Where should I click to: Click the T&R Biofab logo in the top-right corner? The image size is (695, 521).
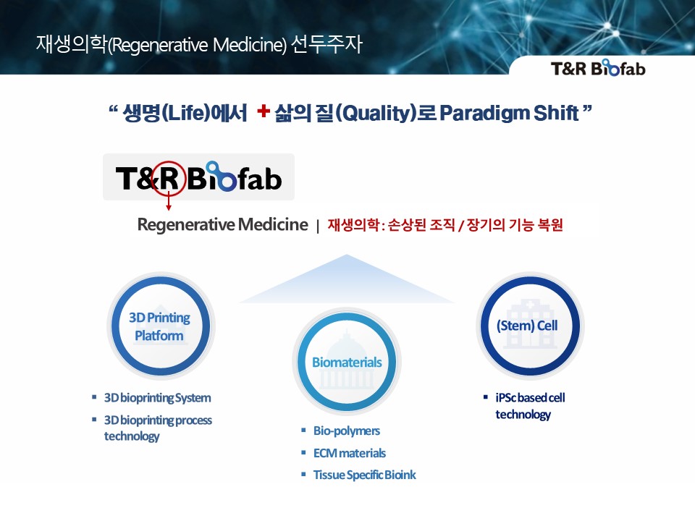[597, 69]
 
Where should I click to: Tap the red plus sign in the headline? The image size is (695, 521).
[264, 111]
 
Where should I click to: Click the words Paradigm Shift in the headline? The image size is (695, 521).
[509, 113]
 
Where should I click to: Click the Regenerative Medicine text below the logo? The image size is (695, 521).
[222, 225]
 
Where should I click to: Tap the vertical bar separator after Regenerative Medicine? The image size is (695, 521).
[317, 226]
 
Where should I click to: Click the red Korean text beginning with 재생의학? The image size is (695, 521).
[445, 225]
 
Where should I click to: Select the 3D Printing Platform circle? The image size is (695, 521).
[160, 326]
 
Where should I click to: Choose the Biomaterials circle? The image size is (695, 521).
[347, 363]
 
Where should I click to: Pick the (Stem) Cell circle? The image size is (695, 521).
[527, 326]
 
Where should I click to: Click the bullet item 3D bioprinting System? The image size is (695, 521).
[157, 398]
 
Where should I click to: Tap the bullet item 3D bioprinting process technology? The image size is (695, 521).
[157, 428]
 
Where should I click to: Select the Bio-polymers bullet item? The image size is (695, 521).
[346, 431]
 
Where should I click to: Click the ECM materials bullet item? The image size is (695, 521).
[349, 453]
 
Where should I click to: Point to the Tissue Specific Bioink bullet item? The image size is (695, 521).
[364, 475]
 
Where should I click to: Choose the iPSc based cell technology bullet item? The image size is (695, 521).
[529, 406]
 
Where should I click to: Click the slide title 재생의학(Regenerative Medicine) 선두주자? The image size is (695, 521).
[199, 45]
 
